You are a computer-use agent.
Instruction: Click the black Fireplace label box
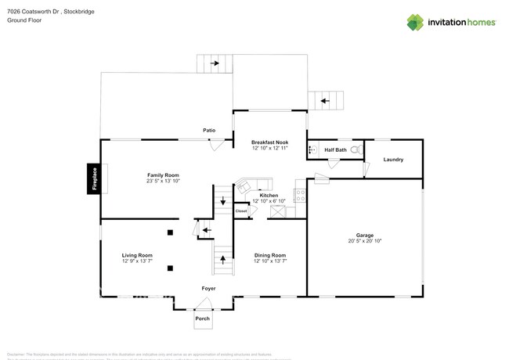(x=94, y=179)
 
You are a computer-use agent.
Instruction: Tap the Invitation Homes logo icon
(x=415, y=23)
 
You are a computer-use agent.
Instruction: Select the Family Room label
(x=163, y=175)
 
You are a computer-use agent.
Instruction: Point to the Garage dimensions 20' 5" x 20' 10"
(x=364, y=241)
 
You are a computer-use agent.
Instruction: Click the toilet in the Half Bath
(x=356, y=149)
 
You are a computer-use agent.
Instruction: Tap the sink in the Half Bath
(x=313, y=149)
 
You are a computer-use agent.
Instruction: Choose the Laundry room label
(x=393, y=160)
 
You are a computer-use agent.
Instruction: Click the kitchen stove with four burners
(x=300, y=195)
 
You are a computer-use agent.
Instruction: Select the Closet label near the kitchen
(x=241, y=211)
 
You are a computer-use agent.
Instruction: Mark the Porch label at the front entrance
(x=203, y=319)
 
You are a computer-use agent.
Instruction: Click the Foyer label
(x=208, y=289)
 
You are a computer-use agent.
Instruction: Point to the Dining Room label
(x=269, y=255)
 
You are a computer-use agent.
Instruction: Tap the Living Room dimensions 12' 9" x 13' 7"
(x=136, y=261)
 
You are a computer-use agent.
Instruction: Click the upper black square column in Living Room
(x=170, y=232)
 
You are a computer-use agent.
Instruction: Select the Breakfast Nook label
(x=269, y=142)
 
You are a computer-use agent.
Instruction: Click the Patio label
(x=209, y=130)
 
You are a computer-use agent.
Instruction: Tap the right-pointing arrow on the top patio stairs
(x=214, y=63)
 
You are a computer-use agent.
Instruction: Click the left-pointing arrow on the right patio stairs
(x=327, y=100)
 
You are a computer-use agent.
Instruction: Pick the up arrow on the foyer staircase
(x=223, y=257)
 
